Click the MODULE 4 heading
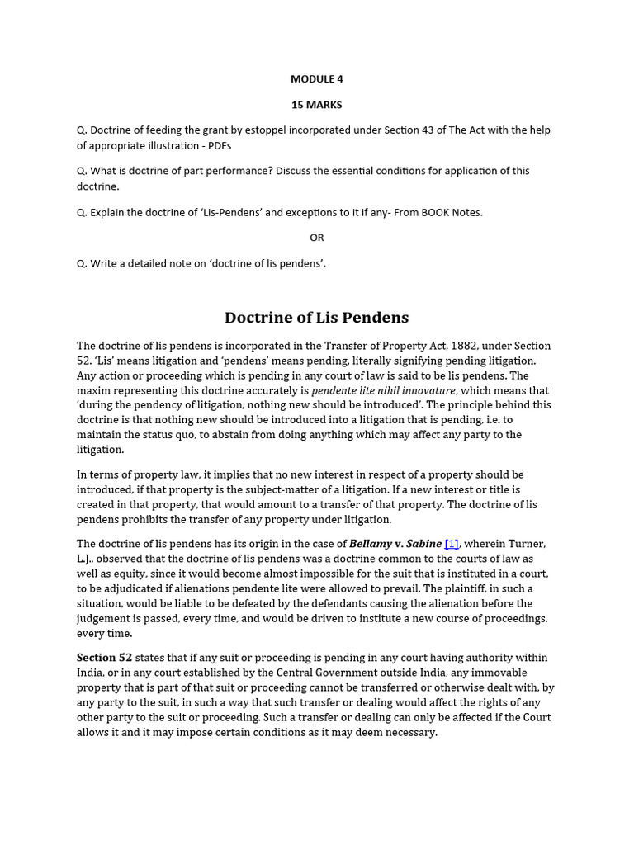pyautogui.click(x=316, y=79)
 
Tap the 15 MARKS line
pyautogui.click(x=316, y=105)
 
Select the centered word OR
pyautogui.click(x=317, y=238)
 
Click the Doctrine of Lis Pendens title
pyautogui.click(x=316, y=318)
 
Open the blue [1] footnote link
pyautogui.click(x=452, y=544)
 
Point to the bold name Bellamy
pyautogui.click(x=369, y=544)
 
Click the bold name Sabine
pyautogui.click(x=423, y=544)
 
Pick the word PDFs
pyautogui.click(x=218, y=146)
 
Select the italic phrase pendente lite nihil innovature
pyautogui.click(x=383, y=390)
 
